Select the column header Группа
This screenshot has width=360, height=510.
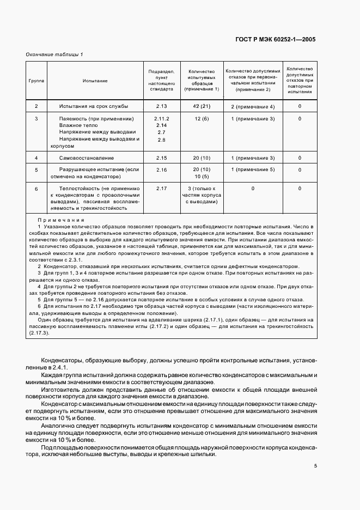click(x=36, y=81)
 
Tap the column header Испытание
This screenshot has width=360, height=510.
click(x=95, y=81)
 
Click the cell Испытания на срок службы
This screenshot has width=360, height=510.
click(x=94, y=106)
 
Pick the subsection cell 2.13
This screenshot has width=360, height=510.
click(x=161, y=106)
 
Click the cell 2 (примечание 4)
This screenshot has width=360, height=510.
click(x=253, y=106)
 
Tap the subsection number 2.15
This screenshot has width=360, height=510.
click(x=161, y=158)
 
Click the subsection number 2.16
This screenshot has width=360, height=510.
click(x=161, y=170)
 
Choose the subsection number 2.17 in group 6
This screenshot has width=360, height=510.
click(x=161, y=189)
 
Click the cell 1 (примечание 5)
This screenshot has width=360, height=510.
click(x=253, y=170)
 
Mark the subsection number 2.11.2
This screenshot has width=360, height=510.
click(x=162, y=118)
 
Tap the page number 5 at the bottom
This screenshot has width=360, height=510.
click(x=315, y=465)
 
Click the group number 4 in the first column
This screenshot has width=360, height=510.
click(x=36, y=158)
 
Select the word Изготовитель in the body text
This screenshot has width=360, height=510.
click(x=61, y=391)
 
